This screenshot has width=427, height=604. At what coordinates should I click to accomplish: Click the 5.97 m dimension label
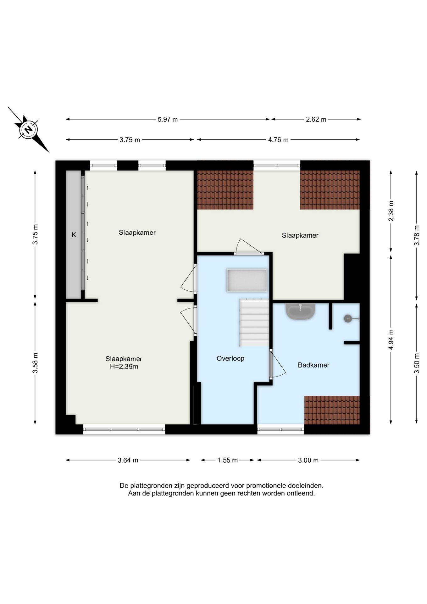168,119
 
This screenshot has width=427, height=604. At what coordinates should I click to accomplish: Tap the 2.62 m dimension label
316,119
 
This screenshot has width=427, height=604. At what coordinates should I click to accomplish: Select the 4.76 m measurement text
278,140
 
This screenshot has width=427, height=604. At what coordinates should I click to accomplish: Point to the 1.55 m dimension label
228,460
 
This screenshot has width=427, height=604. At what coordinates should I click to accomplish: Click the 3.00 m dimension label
308,460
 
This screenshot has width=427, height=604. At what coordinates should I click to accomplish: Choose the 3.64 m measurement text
128,460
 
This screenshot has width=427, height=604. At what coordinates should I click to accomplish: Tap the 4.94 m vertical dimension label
391,339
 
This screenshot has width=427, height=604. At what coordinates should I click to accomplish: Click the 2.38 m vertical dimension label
391,211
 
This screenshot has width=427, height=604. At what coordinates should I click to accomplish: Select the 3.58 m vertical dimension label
35,363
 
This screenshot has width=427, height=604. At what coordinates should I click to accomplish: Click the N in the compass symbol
29,130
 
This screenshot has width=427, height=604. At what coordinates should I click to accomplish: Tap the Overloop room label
230,358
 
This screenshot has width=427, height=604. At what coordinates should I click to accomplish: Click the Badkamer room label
313,365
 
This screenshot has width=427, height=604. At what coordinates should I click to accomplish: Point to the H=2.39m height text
124,366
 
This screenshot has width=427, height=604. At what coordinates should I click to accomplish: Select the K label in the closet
74,235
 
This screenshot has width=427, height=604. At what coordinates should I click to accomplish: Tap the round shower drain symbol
348,319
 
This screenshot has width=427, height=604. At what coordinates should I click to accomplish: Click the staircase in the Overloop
254,323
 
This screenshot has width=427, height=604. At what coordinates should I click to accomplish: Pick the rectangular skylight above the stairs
247,280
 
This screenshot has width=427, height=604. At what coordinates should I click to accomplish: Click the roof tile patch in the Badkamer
332,410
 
